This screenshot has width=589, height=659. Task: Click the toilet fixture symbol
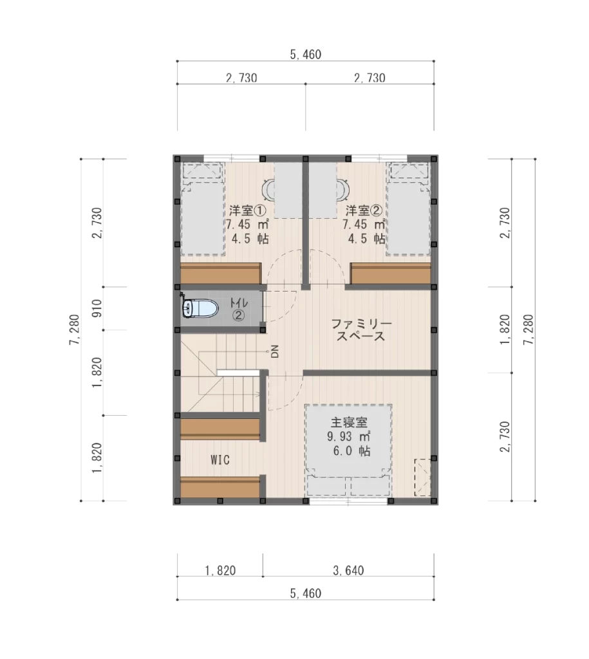pyautogui.click(x=200, y=309)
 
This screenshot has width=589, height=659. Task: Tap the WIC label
pyautogui.click(x=220, y=459)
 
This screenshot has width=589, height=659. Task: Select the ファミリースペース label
pyautogui.click(x=361, y=330)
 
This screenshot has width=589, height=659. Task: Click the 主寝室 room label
pyautogui.click(x=349, y=422)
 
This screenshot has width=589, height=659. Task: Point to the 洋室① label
pyautogui.click(x=247, y=210)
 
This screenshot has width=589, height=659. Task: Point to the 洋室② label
pyautogui.click(x=364, y=210)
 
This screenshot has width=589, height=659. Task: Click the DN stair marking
pyautogui.click(x=275, y=351)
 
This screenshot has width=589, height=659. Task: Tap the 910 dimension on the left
pyautogui.click(x=97, y=308)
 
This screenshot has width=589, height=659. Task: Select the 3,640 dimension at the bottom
pyautogui.click(x=348, y=570)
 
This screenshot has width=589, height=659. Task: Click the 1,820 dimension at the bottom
pyautogui.click(x=220, y=570)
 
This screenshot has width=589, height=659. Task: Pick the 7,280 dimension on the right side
pyautogui.click(x=528, y=330)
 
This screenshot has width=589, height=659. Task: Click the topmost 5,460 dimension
pyautogui.click(x=306, y=54)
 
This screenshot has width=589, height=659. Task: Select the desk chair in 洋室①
pyautogui.click(x=268, y=190)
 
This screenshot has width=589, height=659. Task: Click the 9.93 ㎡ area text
pyautogui.click(x=349, y=436)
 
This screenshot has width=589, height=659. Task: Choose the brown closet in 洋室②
pyautogui.click(x=391, y=274)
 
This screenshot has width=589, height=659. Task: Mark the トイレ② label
pyautogui.click(x=239, y=309)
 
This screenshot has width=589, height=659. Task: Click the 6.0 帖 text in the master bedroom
pyautogui.click(x=352, y=451)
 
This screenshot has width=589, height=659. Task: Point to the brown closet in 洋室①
pyautogui.click(x=221, y=274)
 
